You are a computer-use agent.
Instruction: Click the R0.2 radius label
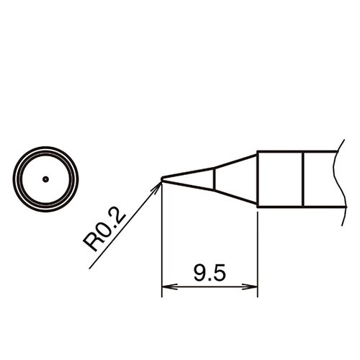[106, 230]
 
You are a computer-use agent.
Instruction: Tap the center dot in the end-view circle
[45, 179]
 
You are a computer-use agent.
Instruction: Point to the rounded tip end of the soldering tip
[163, 179]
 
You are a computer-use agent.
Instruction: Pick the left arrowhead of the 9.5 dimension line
[166, 289]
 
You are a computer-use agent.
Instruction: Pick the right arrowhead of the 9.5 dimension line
[253, 289]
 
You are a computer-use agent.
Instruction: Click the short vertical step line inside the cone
[214, 179]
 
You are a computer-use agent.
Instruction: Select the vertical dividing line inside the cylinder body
[303, 179]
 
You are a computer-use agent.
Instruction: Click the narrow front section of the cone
[191, 179]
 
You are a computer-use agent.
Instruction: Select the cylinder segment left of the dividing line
[280, 179]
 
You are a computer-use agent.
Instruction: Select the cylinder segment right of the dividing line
[319, 179]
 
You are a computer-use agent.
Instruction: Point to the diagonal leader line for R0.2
[122, 228]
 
